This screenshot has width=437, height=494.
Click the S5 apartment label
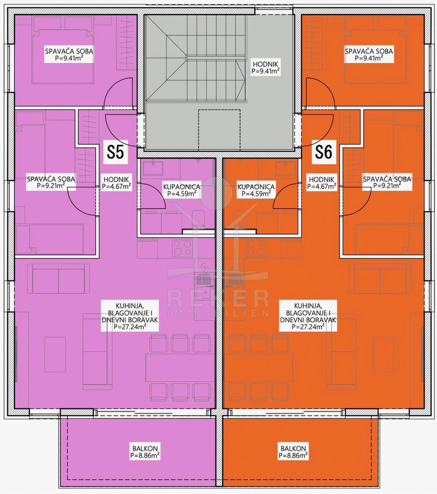(x=116, y=152)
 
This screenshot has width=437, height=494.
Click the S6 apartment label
(x=324, y=152)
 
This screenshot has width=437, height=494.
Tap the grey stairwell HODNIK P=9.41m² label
(x=265, y=68)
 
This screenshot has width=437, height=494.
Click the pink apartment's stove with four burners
(x=182, y=248)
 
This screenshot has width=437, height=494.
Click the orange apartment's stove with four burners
(x=256, y=248)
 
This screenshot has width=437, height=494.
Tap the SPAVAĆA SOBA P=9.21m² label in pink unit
(x=51, y=182)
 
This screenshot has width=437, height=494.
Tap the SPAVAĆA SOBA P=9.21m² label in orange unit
(x=387, y=182)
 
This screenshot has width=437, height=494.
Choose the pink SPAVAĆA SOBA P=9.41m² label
(x=69, y=54)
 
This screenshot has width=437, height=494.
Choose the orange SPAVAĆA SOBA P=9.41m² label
(x=369, y=54)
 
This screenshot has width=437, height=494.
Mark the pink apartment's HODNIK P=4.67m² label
(x=116, y=182)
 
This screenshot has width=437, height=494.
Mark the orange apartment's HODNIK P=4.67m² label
(x=322, y=182)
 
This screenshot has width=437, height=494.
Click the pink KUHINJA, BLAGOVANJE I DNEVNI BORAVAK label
(x=130, y=316)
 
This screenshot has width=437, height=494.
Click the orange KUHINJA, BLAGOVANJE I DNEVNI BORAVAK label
(x=308, y=316)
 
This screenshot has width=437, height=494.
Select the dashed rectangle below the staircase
(x=219, y=130)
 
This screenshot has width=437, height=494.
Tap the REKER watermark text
(x=218, y=298)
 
